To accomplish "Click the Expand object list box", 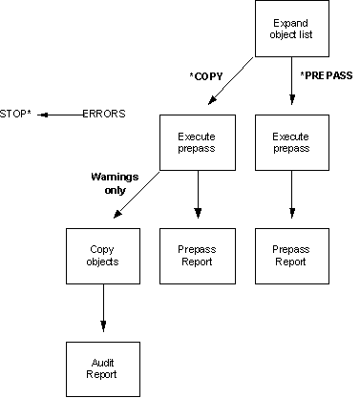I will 288,30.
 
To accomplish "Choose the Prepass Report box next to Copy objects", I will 197,255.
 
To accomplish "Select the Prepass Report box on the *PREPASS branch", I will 291,255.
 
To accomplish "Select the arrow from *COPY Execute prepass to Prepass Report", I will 197,199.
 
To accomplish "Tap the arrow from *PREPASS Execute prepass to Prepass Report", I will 291,199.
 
